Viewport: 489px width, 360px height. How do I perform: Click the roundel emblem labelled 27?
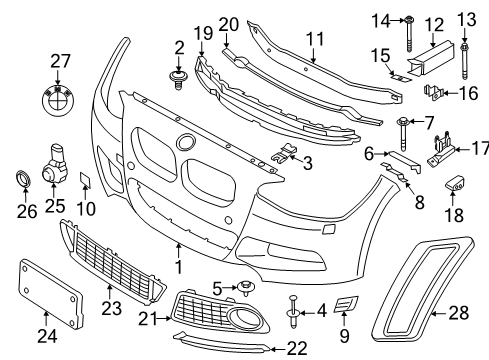pyautogui.click(x=58, y=99)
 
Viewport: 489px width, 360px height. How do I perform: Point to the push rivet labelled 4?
pyautogui.click(x=293, y=311)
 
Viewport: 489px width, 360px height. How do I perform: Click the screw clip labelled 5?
pyautogui.click(x=246, y=288)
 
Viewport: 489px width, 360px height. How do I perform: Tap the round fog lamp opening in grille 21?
pyautogui.click(x=244, y=316)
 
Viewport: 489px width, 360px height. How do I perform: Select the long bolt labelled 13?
pyautogui.click(x=464, y=61)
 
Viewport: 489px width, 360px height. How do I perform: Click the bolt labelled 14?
pyautogui.click(x=409, y=34)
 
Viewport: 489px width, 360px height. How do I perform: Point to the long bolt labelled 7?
pyautogui.click(x=403, y=134)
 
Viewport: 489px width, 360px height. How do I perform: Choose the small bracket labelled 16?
pyautogui.click(x=432, y=92)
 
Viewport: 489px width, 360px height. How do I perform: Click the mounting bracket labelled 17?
pyautogui.click(x=441, y=150)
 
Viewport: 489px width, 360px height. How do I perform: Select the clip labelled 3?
pyautogui.click(x=284, y=153)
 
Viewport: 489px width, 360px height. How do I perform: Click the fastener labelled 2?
pyautogui.click(x=179, y=80)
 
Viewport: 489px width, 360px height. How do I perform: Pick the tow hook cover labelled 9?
pyautogui.click(x=346, y=304)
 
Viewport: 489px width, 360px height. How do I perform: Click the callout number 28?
pyautogui.click(x=458, y=312)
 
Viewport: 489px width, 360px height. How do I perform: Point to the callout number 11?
pyautogui.click(x=315, y=39)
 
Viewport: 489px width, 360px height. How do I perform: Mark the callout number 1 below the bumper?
pyautogui.click(x=179, y=267)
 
